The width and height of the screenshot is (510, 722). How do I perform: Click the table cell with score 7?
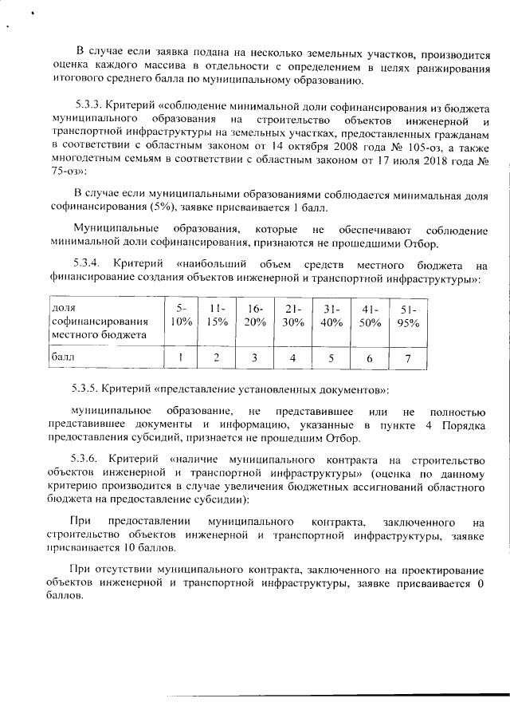point(408,359)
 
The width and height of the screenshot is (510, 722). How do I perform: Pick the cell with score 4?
point(292,359)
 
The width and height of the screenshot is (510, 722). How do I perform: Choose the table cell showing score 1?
point(181,359)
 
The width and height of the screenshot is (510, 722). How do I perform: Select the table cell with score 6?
point(369,359)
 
